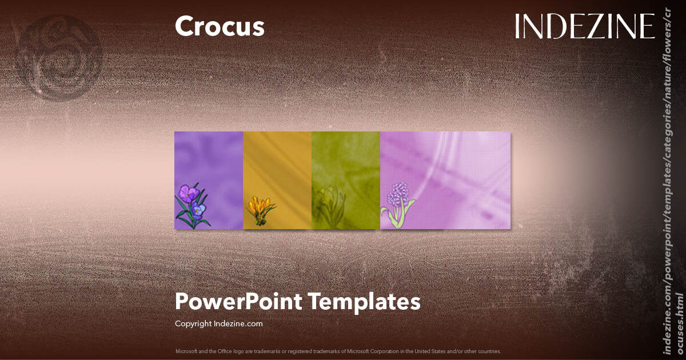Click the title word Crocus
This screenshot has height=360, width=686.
[x=220, y=27]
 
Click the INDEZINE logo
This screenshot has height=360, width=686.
[x=584, y=26]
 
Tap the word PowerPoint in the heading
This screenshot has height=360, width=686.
[x=238, y=301]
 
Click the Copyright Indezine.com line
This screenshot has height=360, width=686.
[x=218, y=323]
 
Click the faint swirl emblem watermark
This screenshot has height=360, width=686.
[x=60, y=57]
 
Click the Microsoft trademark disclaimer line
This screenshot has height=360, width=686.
[x=338, y=351]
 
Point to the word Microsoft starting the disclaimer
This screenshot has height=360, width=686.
[x=186, y=351]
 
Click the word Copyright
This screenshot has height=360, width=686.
[x=193, y=323]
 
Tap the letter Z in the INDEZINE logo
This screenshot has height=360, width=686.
[x=598, y=26]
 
